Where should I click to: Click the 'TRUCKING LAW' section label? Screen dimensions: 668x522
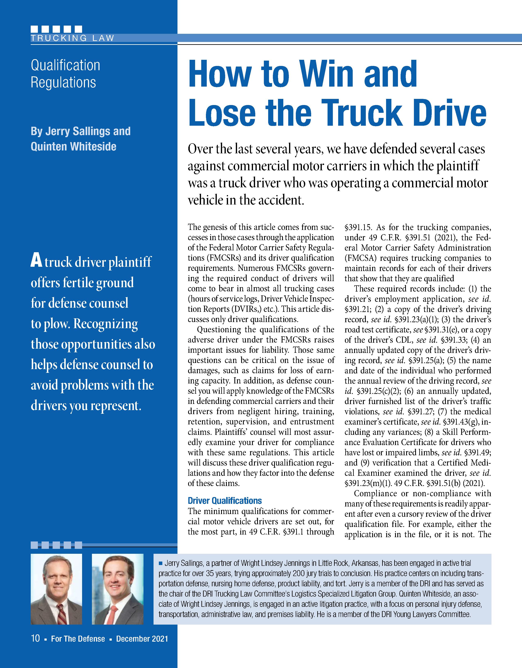[72, 38]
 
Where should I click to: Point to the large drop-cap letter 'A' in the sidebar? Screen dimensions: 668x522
[36, 262]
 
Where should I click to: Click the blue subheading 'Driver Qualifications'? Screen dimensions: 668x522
[225, 501]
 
